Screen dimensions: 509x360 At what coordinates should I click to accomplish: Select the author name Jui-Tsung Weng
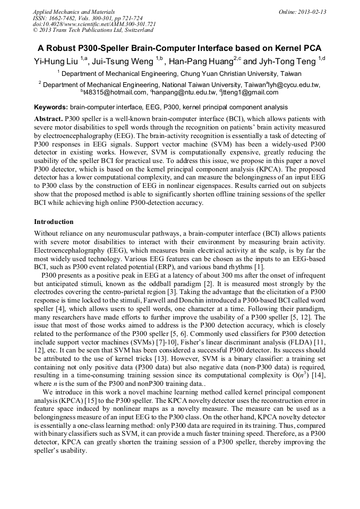(123, 61)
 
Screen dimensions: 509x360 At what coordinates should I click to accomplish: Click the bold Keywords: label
(50, 107)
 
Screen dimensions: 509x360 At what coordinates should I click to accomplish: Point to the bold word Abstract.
(48, 119)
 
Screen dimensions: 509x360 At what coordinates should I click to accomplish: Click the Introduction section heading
(54, 221)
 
